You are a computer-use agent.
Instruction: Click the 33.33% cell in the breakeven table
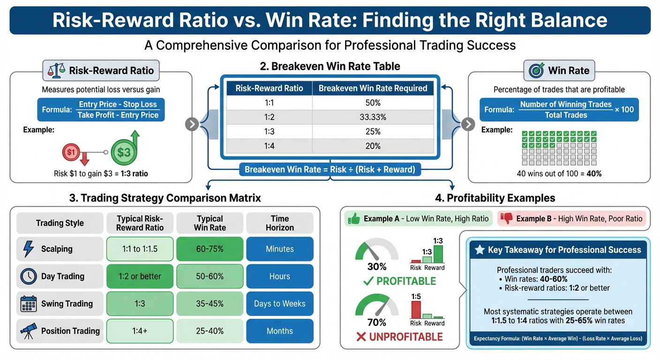tap(373, 117)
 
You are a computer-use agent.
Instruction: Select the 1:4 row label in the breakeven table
tap(269, 146)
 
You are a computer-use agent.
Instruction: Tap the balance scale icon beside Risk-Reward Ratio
tap(56, 71)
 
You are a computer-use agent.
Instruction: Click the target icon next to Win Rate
tap(536, 71)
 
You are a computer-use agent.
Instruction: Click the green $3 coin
tap(124, 152)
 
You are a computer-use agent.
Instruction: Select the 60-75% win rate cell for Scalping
tap(210, 249)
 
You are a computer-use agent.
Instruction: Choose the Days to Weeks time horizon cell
tap(279, 304)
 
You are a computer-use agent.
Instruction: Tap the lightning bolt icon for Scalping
tap(28, 249)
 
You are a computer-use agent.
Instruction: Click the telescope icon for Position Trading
tap(28, 330)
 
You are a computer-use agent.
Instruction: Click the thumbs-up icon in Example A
tap(354, 218)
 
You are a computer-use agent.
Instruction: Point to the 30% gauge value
tap(376, 267)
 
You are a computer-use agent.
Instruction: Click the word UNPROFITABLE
tap(405, 337)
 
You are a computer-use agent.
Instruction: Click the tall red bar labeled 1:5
tap(415, 309)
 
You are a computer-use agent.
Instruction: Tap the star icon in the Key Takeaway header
tap(480, 250)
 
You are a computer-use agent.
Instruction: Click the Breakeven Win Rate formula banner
tap(330, 169)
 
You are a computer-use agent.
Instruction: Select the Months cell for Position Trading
tap(279, 331)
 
